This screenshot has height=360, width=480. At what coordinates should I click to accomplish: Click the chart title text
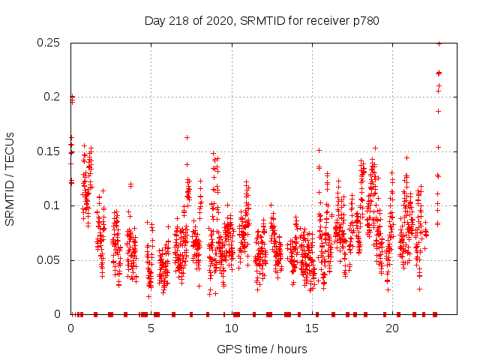click(262, 21)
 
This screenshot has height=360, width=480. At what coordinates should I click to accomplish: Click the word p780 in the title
click(364, 21)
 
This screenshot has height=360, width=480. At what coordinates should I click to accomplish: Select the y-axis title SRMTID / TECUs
click(10, 178)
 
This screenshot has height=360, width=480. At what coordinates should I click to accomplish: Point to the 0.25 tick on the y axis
click(49, 43)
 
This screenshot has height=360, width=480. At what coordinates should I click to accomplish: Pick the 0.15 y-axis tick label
click(49, 151)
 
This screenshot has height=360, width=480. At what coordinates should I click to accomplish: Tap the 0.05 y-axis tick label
click(49, 260)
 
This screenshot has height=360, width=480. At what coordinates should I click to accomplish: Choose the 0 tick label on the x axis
click(70, 328)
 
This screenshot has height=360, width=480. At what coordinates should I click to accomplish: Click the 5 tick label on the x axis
click(151, 328)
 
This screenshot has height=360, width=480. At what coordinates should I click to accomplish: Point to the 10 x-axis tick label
click(231, 328)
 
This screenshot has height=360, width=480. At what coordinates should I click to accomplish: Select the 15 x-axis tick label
click(311, 328)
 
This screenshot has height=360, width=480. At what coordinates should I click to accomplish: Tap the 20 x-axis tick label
click(391, 328)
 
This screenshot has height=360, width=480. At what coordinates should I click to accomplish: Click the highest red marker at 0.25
click(439, 43)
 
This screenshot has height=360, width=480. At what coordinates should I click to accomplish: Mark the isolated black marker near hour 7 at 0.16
click(187, 137)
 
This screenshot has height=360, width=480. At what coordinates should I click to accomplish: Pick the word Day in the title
click(154, 21)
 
